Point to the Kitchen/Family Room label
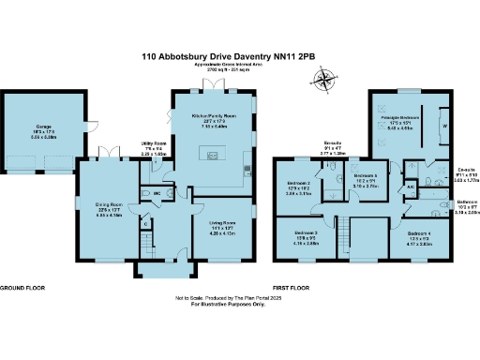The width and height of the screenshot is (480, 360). pos(215,117)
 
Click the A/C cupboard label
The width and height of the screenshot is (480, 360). pos(411,187)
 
